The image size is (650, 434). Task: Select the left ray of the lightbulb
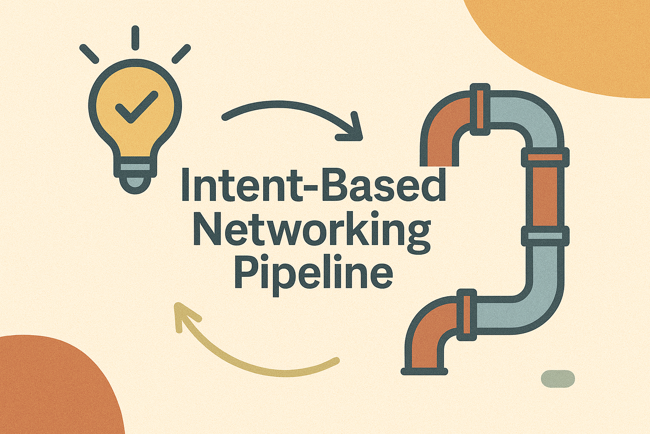89,54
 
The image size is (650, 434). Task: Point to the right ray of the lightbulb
182,54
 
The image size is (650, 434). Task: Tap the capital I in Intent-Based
185,185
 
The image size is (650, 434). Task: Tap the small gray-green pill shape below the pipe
558,378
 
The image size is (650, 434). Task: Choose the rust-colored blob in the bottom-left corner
51,386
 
